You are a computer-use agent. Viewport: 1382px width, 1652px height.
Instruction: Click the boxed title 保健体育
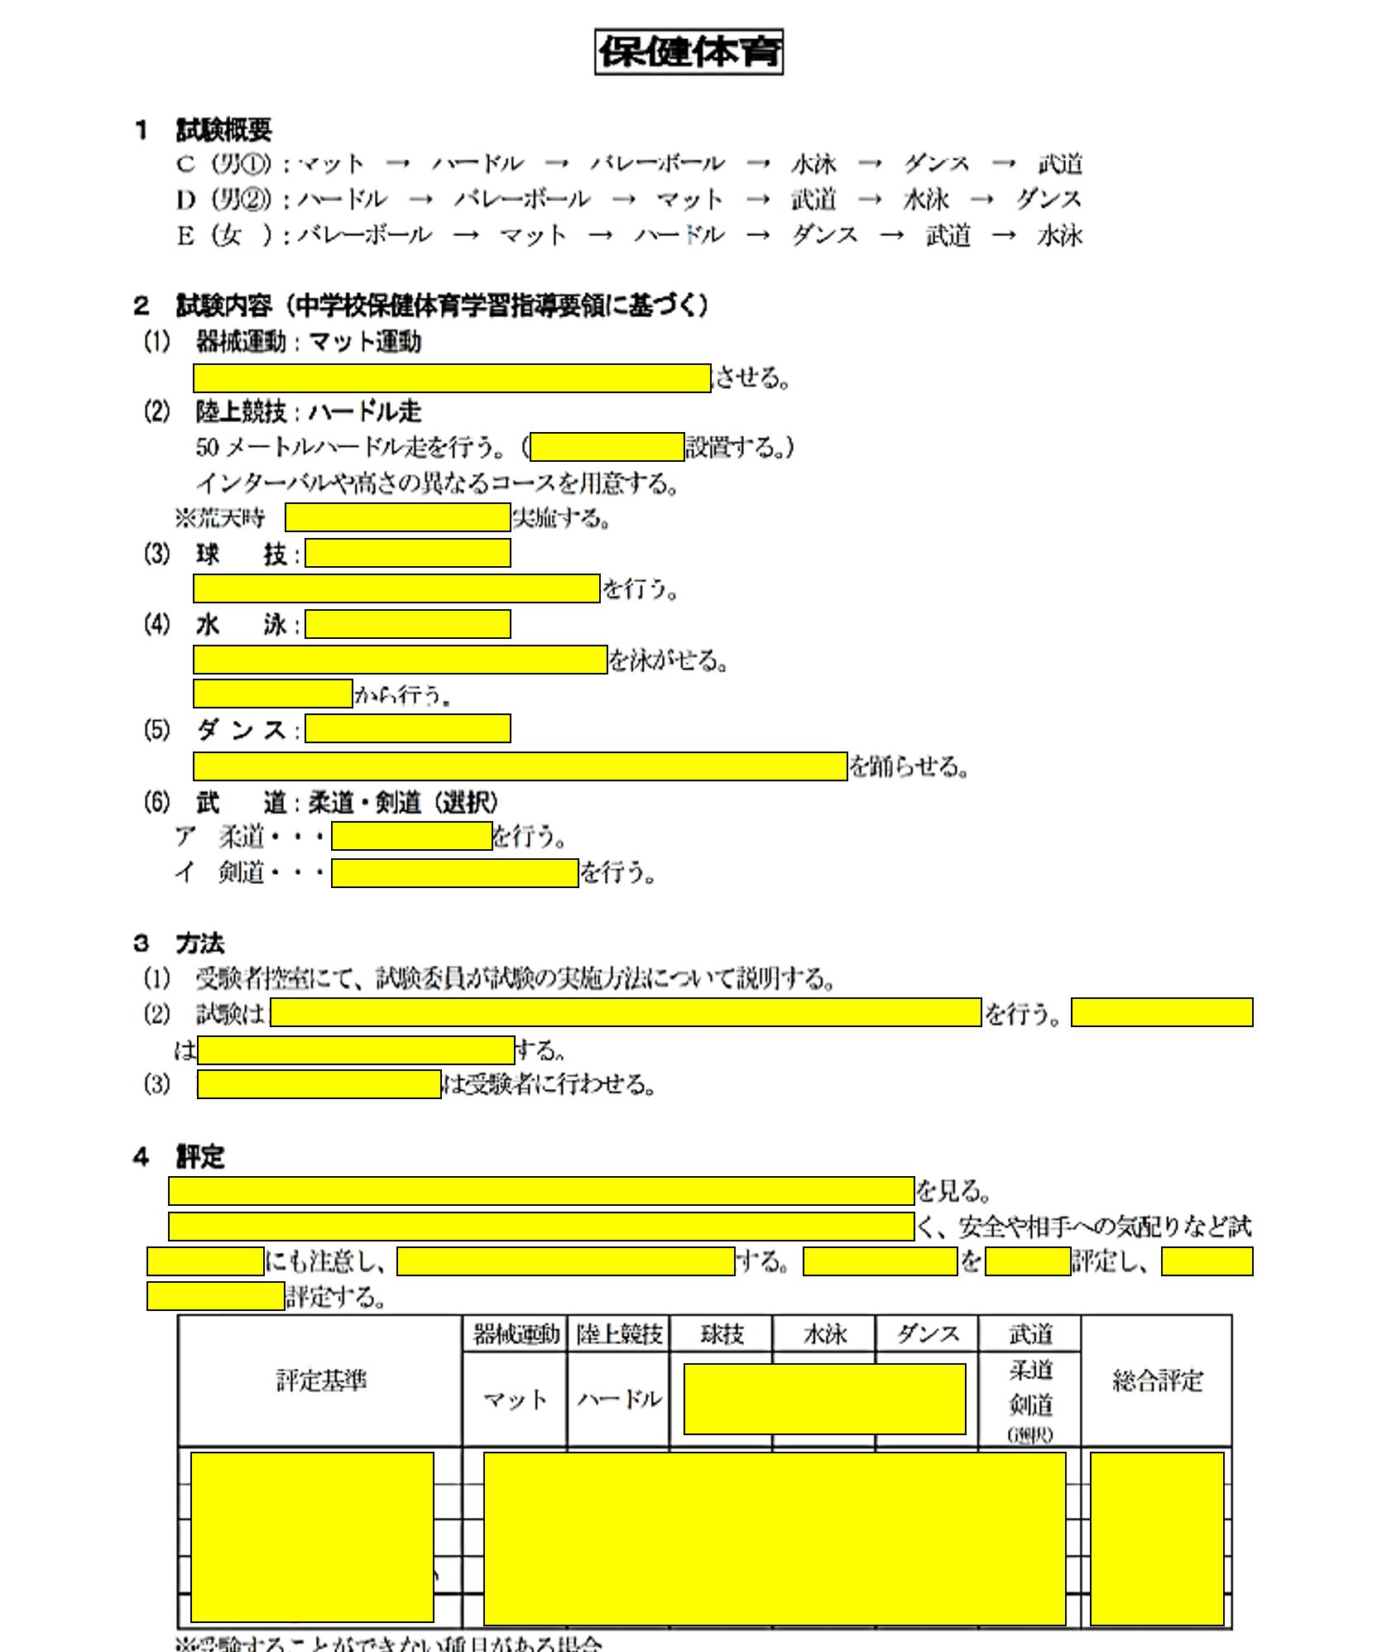689,52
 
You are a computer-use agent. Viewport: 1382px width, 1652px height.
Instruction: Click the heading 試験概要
223,129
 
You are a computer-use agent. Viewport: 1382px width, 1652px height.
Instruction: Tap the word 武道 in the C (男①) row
1060,164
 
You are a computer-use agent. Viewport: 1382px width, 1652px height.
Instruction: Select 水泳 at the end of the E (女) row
1059,236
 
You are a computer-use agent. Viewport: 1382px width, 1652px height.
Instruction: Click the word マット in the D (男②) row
690,199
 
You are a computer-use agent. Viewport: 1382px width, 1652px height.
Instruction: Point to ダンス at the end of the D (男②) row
1048,199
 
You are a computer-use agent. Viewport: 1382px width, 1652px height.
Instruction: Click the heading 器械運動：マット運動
308,341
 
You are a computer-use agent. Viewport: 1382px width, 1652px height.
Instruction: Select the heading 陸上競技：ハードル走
308,411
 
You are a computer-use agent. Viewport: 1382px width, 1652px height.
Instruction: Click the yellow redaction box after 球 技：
407,553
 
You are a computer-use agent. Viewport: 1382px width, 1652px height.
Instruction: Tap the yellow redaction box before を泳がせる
400,660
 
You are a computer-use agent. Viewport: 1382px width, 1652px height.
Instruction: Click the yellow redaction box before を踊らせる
520,766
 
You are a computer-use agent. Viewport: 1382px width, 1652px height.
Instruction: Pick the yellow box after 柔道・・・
411,836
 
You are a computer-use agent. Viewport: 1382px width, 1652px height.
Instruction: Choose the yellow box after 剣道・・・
454,872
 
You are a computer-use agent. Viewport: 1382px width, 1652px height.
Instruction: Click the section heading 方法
199,944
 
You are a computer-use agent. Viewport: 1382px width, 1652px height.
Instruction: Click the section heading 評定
199,1156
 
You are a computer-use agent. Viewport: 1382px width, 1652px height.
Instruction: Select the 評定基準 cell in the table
320,1380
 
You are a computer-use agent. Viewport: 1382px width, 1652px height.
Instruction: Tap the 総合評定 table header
1156,1380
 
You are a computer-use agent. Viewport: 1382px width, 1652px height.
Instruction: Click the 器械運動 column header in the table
516,1333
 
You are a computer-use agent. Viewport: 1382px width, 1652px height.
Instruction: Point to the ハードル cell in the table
619,1399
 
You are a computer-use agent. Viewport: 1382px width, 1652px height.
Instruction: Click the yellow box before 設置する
607,447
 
